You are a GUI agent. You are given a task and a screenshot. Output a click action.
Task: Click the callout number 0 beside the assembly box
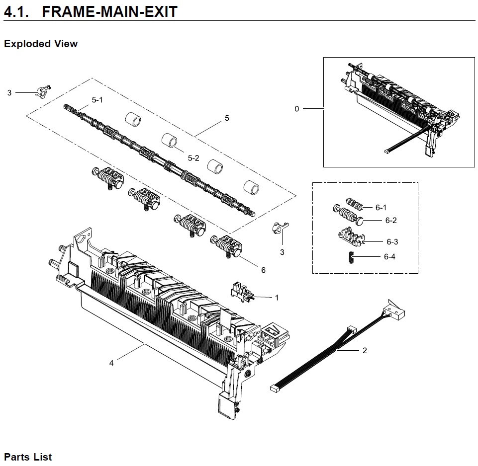tap(297, 109)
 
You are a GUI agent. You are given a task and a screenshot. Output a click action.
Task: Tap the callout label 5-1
tap(97, 100)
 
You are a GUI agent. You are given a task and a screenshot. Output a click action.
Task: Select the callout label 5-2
tap(193, 158)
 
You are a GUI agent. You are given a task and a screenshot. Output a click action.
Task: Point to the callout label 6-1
tap(381, 208)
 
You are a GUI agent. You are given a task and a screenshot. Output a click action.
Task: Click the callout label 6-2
tap(391, 221)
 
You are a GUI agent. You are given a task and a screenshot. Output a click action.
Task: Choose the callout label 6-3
tap(392, 242)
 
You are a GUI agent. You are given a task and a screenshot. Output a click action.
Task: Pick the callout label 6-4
tap(389, 257)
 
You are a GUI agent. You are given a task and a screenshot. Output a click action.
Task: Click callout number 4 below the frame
tap(111, 363)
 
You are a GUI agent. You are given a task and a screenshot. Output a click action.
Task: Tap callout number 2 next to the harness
tap(365, 350)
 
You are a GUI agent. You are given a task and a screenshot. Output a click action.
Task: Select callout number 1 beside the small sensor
tap(277, 297)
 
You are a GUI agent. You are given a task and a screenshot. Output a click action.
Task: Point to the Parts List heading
tap(28, 457)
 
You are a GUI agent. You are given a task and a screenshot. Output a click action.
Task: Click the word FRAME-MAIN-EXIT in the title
tap(109, 11)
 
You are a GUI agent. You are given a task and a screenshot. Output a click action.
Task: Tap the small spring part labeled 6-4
tap(350, 257)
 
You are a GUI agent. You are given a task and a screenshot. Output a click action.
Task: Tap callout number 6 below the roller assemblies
tap(263, 270)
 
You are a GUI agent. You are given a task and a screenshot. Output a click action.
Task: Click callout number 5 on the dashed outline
tap(227, 118)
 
